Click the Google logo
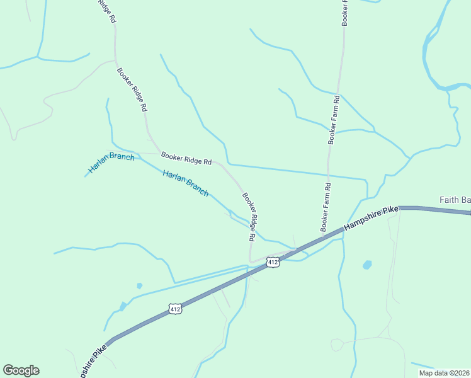coord(21,370)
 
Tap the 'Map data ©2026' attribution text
coord(443,373)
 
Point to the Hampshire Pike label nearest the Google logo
coord(92,360)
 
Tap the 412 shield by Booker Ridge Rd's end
coord(272,261)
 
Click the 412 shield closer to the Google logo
coord(176,309)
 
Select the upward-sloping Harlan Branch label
coord(111,163)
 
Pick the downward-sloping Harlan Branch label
coord(185,183)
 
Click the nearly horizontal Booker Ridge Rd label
coord(186,158)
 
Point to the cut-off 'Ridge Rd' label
coord(106,11)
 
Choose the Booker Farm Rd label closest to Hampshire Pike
coord(326,207)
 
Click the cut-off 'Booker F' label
coord(344,13)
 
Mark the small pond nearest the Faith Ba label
coord(367,265)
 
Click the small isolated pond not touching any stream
coord(139,285)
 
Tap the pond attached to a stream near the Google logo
coord(122,306)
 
